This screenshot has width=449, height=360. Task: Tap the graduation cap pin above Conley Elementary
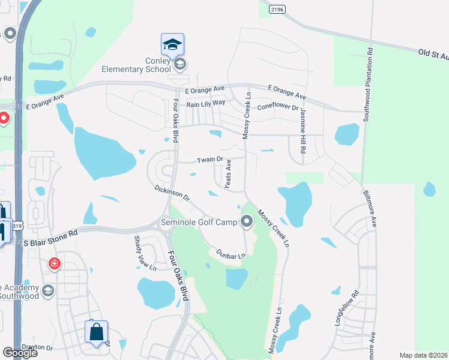point(172,44)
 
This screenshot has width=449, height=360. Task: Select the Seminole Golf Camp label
point(200,223)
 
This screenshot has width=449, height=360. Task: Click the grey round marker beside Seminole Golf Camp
point(247,223)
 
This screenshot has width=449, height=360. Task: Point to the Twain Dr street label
point(210,160)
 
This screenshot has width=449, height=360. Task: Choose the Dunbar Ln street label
point(231,254)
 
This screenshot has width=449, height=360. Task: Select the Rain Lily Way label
point(205,104)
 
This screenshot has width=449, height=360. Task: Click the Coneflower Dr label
point(277,107)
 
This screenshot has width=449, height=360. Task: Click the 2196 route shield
point(277,9)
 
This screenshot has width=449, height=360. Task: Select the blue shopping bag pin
point(96,332)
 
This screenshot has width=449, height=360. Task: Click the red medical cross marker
point(55,264)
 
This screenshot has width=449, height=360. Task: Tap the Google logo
point(20,353)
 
